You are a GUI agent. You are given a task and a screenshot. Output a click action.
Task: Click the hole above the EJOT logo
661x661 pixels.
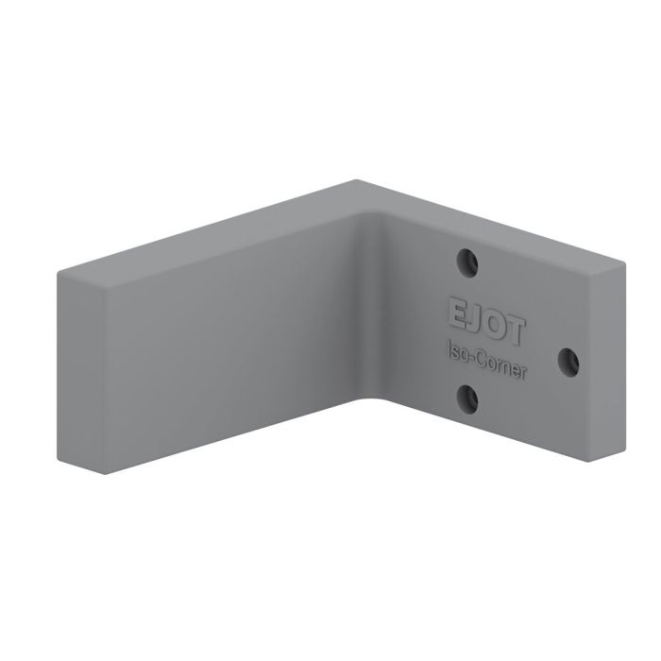pyautogui.click(x=466, y=262)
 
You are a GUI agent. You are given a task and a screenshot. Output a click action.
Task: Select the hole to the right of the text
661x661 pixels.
pyautogui.click(x=569, y=360)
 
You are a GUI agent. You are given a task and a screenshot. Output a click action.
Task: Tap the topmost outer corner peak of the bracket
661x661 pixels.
pyautogui.click(x=356, y=180)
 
